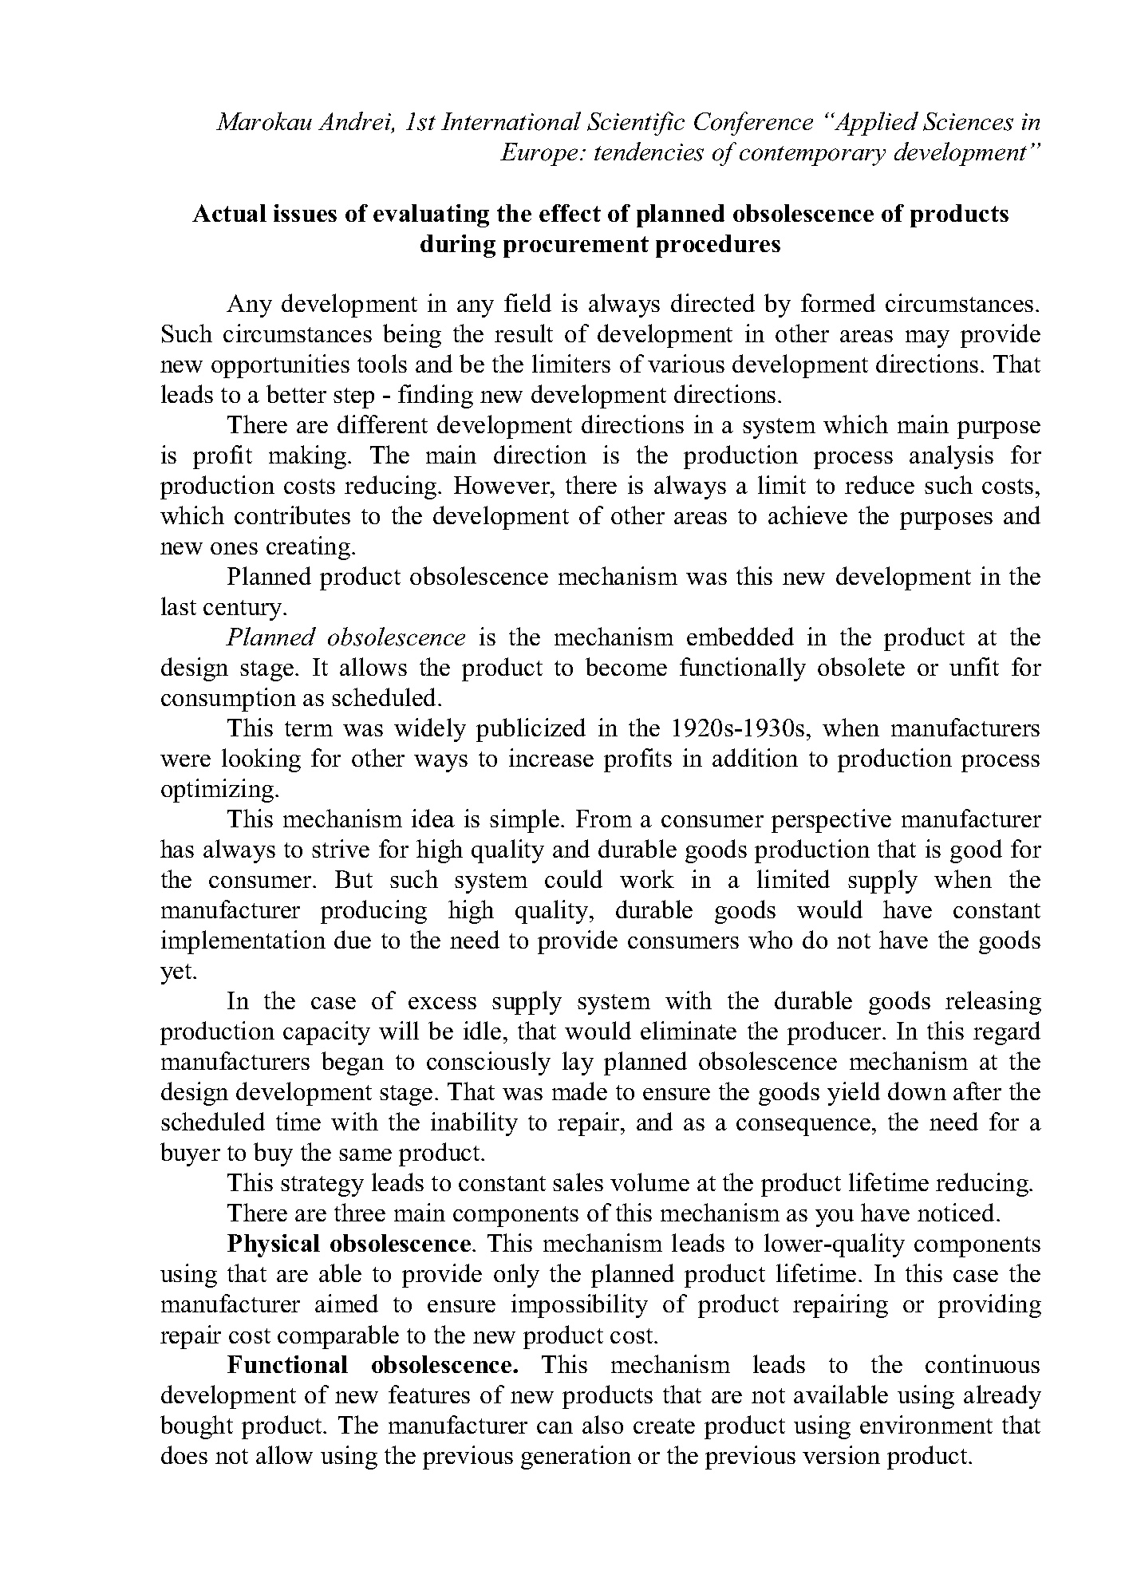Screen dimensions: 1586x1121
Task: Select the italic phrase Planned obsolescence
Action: (345, 638)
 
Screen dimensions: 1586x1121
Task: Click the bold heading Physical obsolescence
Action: (349, 1245)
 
